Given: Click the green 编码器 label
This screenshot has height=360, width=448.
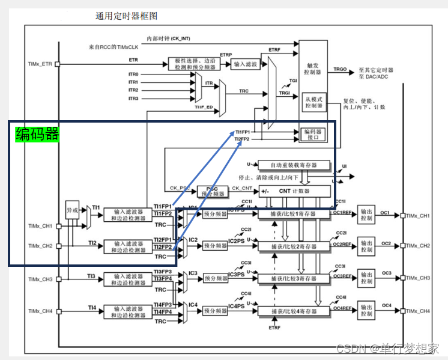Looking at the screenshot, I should point(37,134).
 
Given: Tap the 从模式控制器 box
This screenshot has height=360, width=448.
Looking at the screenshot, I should point(313,103).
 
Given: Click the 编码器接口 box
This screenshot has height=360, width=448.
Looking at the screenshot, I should point(314,134).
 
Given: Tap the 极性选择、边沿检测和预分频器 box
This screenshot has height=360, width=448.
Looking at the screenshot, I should point(193,64).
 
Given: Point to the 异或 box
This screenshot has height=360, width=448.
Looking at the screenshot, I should point(73,210).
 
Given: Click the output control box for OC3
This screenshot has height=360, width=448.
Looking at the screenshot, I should point(366,278).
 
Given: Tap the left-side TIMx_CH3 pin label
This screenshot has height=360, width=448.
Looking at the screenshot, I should point(41,279).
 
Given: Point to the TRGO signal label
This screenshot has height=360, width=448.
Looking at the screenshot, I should point(340,70).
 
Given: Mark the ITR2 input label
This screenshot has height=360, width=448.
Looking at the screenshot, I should point(133,90).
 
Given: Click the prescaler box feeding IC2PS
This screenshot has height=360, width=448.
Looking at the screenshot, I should point(215,246).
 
